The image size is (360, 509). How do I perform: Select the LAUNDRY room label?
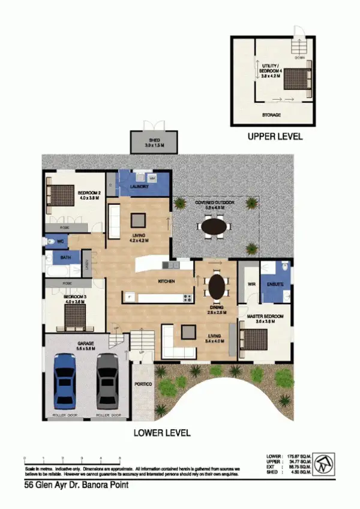[140, 187]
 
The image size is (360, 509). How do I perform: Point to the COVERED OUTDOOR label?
[214, 203]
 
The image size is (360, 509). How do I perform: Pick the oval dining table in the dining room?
[216, 286]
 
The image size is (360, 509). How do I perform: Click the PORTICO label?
[142, 384]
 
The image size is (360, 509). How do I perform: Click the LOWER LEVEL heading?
[162, 432]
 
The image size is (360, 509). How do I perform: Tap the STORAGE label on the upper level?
[271, 115]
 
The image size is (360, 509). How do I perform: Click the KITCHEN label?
[166, 281]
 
